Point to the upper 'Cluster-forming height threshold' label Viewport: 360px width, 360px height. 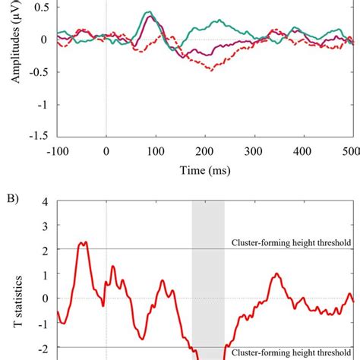pos(292,243)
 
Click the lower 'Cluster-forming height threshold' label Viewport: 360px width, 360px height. pos(292,353)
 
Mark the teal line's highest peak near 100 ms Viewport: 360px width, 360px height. pos(150,12)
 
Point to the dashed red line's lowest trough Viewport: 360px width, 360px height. pos(210,70)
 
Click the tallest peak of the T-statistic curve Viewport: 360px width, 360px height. pos(84,242)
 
